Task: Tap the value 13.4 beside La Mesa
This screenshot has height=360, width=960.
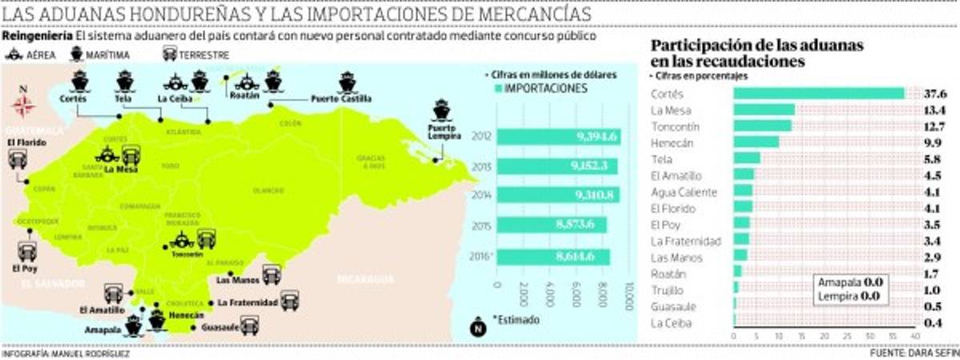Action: point(935,110)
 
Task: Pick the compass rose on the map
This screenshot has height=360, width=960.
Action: point(23,102)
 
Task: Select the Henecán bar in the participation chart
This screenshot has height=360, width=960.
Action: point(756,142)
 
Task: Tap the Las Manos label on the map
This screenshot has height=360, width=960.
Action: point(236,280)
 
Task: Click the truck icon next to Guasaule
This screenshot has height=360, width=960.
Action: point(250,326)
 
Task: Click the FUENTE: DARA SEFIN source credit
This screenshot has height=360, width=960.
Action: point(914,353)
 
